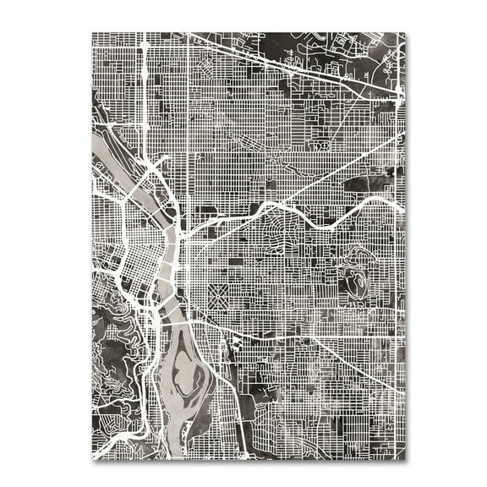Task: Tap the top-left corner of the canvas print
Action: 92,33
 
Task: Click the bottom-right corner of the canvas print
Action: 405,459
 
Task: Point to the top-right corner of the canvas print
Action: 405,33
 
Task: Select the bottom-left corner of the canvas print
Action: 92,459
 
